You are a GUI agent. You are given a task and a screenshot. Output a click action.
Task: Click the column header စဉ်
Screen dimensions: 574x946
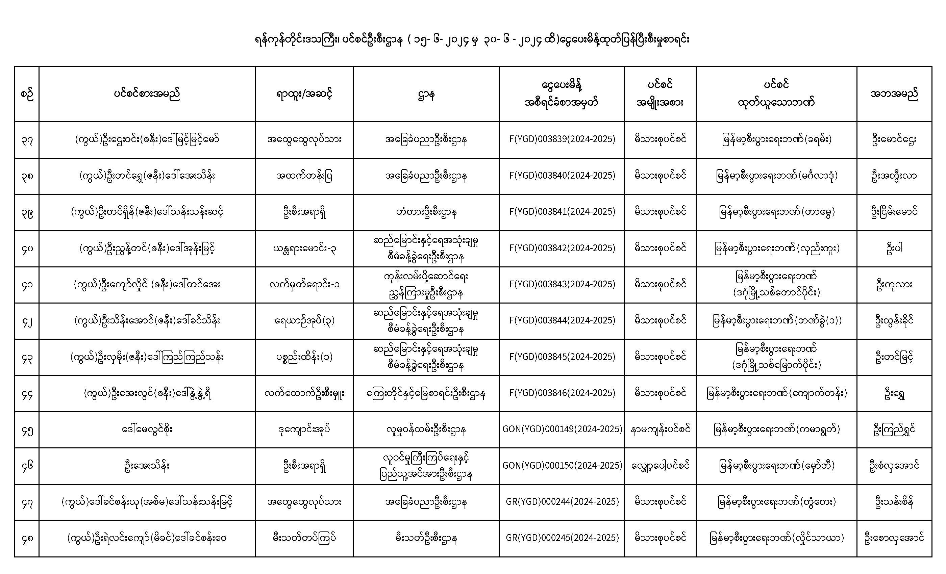click(27, 94)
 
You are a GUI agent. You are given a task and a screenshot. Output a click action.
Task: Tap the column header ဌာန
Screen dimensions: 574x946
click(426, 94)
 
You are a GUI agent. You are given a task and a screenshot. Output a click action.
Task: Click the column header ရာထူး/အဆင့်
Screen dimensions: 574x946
click(304, 94)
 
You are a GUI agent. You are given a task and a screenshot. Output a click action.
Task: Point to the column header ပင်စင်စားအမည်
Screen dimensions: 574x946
click(147, 94)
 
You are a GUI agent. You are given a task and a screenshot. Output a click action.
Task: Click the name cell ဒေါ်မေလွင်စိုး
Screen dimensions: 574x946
click(147, 429)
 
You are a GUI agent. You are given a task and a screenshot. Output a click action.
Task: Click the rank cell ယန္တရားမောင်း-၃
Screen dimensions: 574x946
click(304, 248)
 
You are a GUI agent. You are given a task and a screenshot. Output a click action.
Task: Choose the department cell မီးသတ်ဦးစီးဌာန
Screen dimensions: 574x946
click(426, 538)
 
